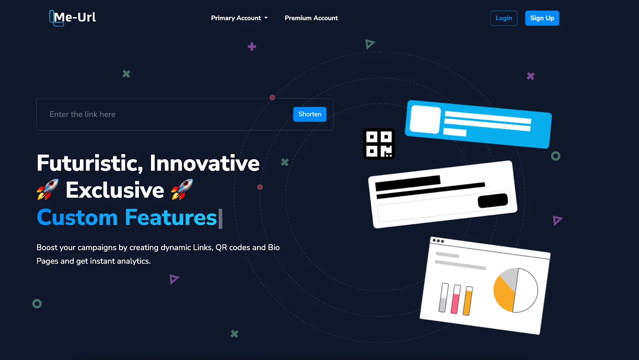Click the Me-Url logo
coord(73,18)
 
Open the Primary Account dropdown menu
coord(239,18)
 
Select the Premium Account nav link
coord(311,18)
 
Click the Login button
coord(504,18)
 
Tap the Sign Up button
coord(542,18)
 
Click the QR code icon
coord(379,144)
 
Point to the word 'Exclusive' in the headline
coord(115,190)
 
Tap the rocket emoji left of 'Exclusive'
coord(48,189)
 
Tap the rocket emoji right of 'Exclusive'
coord(182,189)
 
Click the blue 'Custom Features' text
coord(127,218)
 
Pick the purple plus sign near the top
coord(252,47)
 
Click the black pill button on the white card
coord(493,200)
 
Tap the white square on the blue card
coord(425,119)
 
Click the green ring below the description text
coord(37,304)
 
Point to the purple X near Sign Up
coord(530,76)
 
